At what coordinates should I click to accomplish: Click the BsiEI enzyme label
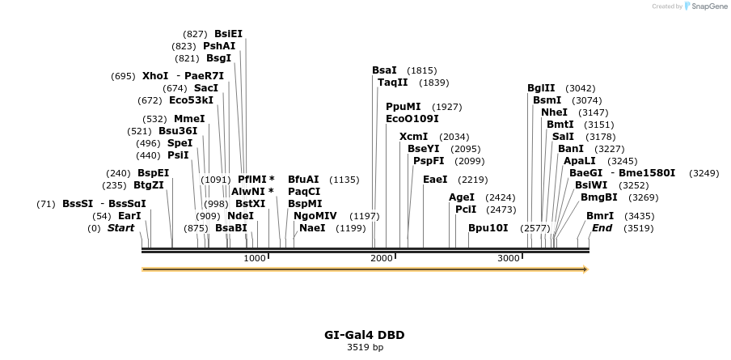tap(228, 34)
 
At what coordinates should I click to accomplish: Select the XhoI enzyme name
tap(155, 76)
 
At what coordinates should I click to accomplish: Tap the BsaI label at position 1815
tap(384, 70)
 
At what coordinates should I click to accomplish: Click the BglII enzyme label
tap(541, 88)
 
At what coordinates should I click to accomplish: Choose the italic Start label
tap(120, 228)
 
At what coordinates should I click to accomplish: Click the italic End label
tap(602, 228)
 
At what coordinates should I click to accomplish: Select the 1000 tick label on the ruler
tap(255, 258)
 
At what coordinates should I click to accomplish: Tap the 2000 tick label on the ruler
tap(381, 258)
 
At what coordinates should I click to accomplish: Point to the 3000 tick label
tap(508, 258)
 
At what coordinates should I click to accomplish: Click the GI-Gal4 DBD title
tap(365, 335)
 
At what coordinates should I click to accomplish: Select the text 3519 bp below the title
tap(365, 347)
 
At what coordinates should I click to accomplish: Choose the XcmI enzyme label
tap(413, 137)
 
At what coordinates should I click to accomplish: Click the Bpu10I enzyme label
tap(488, 228)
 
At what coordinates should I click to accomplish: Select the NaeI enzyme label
tap(312, 228)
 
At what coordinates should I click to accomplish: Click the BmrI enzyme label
tap(600, 216)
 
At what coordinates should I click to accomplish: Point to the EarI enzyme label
tap(129, 216)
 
